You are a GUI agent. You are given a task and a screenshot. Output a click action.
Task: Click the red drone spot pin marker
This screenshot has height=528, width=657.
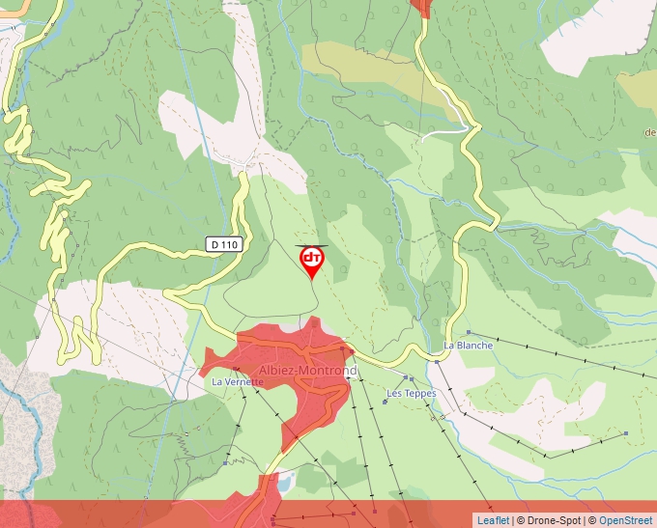coord(312,261)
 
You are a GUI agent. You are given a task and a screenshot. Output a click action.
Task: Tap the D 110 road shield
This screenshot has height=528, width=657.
coord(223,245)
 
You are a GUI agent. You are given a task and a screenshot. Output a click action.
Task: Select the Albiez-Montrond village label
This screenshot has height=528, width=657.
coord(308,371)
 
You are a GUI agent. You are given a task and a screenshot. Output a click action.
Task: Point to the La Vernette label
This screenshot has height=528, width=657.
coord(238,381)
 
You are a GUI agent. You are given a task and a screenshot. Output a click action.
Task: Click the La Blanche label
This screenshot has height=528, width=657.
coord(469,345)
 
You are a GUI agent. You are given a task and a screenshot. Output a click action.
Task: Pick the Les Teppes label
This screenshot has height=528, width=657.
coord(412,393)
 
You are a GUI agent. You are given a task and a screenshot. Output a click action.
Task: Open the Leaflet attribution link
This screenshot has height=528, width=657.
coord(493,520)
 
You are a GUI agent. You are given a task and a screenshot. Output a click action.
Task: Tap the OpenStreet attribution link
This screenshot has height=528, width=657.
coord(627,520)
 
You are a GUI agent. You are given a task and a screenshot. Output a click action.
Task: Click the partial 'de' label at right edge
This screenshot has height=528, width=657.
coord(649,132)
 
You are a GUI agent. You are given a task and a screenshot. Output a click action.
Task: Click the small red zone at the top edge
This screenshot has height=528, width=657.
coord(420,8)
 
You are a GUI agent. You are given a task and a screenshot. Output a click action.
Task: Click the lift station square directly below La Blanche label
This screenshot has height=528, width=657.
coord(437,362)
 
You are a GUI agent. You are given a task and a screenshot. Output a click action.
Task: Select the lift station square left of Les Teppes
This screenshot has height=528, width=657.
coord(385,402)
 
